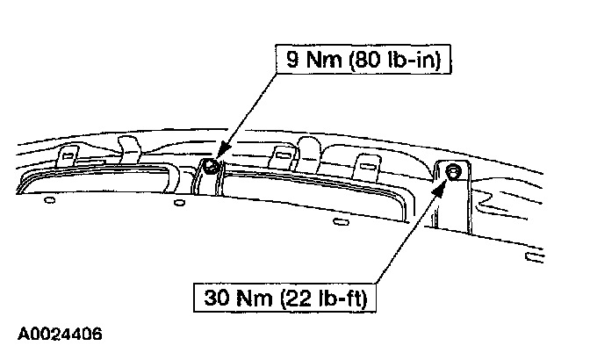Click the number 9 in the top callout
286,61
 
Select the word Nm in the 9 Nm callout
316,61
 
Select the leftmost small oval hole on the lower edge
49,200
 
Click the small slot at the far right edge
531,256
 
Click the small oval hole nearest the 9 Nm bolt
179,204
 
